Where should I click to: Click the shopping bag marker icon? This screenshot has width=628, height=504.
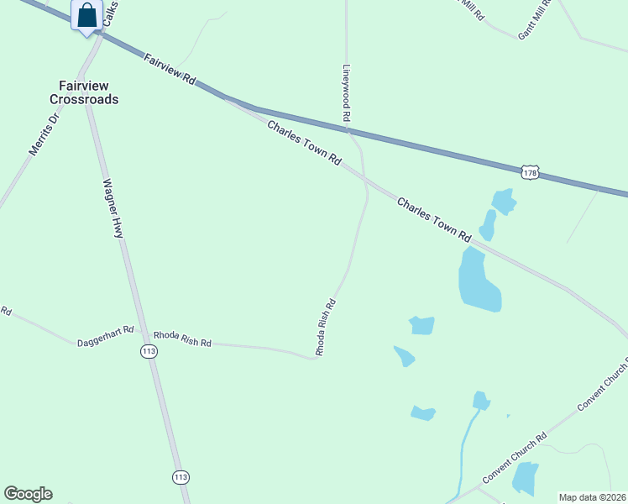(x=87, y=15)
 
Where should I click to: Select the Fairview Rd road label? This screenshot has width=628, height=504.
(x=170, y=69)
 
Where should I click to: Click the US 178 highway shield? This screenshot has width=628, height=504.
(x=529, y=172)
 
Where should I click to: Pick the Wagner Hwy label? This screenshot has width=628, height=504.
(x=113, y=207)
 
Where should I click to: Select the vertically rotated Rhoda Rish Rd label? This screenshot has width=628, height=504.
(x=326, y=328)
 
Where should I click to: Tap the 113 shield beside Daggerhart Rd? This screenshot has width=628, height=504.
(x=149, y=352)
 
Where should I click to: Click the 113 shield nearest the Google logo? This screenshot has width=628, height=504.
(x=181, y=477)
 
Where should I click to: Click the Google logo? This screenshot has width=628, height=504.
(x=28, y=494)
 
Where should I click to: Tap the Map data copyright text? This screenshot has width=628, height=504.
(x=593, y=497)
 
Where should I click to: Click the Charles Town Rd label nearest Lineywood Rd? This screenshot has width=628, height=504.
(x=305, y=142)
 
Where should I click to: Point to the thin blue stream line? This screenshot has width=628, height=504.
(x=463, y=454)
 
